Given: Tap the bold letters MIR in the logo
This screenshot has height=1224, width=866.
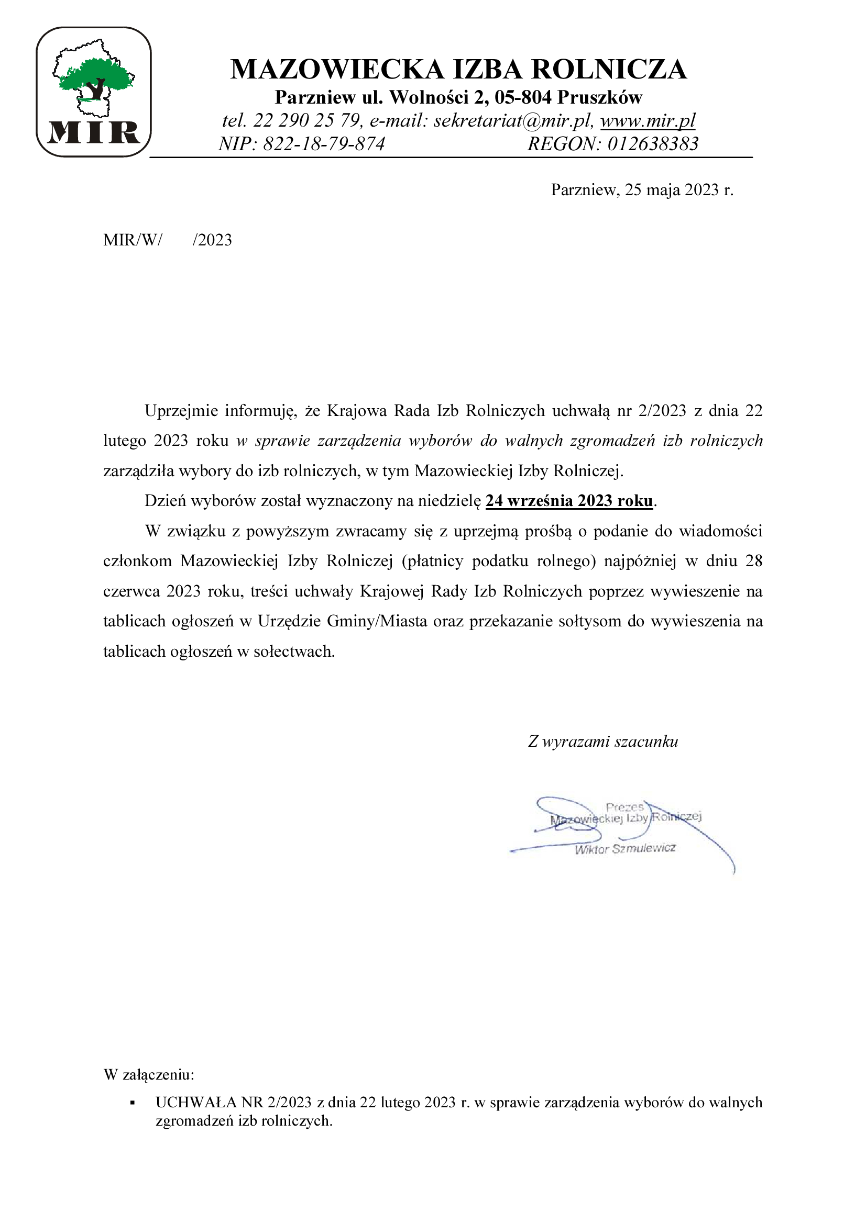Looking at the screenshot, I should (x=94, y=133).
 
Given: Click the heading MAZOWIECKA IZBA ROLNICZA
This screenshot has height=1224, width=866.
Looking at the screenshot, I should (x=458, y=70).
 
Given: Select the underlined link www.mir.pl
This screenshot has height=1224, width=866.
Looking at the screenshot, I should (x=648, y=120).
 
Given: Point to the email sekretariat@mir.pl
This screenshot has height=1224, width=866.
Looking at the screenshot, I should (x=512, y=121).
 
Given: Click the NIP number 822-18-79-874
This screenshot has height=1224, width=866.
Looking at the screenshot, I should (x=324, y=144).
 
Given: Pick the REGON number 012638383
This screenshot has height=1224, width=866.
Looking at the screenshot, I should (x=653, y=144).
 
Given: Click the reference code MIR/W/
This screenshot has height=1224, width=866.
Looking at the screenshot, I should (x=133, y=240).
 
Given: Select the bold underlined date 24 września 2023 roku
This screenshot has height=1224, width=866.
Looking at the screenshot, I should (x=569, y=501).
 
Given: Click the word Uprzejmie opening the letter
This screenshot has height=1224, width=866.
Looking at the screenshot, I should (x=181, y=411).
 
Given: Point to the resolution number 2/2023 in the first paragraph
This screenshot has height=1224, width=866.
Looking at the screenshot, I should (x=662, y=411).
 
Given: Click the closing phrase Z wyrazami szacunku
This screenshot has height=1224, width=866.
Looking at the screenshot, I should (x=603, y=742).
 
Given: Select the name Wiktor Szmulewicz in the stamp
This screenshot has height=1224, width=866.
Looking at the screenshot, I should (x=625, y=849).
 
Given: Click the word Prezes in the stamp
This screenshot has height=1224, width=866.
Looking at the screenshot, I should (x=624, y=807).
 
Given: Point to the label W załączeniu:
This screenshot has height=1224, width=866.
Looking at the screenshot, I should (x=149, y=1075).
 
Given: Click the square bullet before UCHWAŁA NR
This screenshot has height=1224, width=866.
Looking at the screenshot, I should (x=133, y=1103).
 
